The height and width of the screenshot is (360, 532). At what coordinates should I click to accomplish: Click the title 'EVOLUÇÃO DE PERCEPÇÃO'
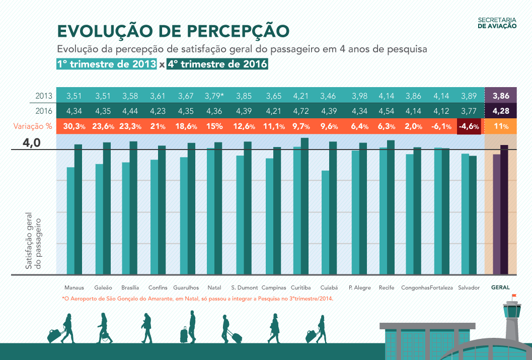tap(173, 31)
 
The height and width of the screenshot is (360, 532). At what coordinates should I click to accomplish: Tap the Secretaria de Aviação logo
tap(497, 23)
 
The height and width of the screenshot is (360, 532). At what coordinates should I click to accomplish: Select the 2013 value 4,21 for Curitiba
tap(301, 96)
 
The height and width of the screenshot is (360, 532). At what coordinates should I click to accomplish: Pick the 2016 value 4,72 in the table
tap(301, 111)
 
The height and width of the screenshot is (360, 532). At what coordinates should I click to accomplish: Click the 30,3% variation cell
tap(74, 126)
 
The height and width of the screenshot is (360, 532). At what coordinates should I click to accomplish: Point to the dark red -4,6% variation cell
tap(469, 126)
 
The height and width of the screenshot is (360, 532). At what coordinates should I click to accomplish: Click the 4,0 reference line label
tap(31, 144)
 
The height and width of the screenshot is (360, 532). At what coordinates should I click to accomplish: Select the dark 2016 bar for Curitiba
tap(305, 206)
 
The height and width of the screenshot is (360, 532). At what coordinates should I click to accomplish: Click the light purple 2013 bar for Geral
tap(496, 214)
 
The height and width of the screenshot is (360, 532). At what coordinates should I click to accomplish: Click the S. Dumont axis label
tap(245, 288)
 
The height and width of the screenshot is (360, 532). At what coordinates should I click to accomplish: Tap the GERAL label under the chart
tap(500, 288)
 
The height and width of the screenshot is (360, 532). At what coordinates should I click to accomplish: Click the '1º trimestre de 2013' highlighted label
tap(107, 64)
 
